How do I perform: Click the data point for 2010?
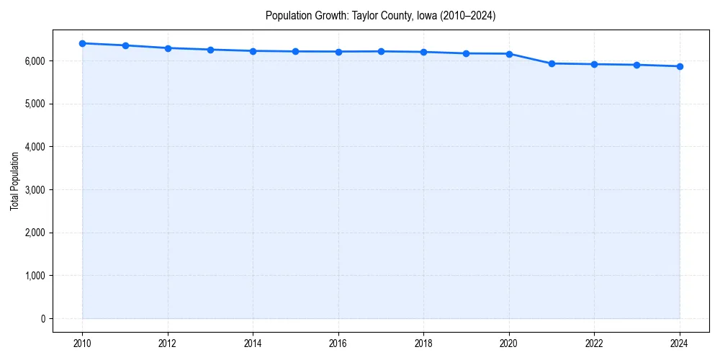pyautogui.click(x=82, y=43)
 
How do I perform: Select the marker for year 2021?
pyautogui.click(x=552, y=63)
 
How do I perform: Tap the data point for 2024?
pyautogui.click(x=680, y=66)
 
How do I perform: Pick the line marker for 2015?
pyautogui.click(x=296, y=51)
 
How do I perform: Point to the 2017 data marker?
pyautogui.click(x=381, y=51)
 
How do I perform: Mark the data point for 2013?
pyautogui.click(x=210, y=50)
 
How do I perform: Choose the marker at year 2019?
pyautogui.click(x=467, y=53)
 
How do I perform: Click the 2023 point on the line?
pyautogui.click(x=637, y=65)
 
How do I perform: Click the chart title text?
pyautogui.click(x=380, y=15)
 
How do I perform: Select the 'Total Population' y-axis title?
pyautogui.click(x=14, y=181)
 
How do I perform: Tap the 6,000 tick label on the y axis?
pyautogui.click(x=34, y=61)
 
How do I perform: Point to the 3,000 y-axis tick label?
pyautogui.click(x=34, y=190)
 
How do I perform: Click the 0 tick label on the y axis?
pyautogui.click(x=42, y=319)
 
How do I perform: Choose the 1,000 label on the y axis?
pyautogui.click(x=34, y=276)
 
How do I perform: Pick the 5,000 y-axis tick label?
pyautogui.click(x=34, y=104)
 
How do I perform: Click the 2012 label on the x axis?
pyautogui.click(x=168, y=343)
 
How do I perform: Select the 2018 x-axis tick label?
pyautogui.click(x=424, y=343)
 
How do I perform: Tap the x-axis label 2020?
pyautogui.click(x=509, y=343)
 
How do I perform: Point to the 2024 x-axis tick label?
pyautogui.click(x=680, y=343)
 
